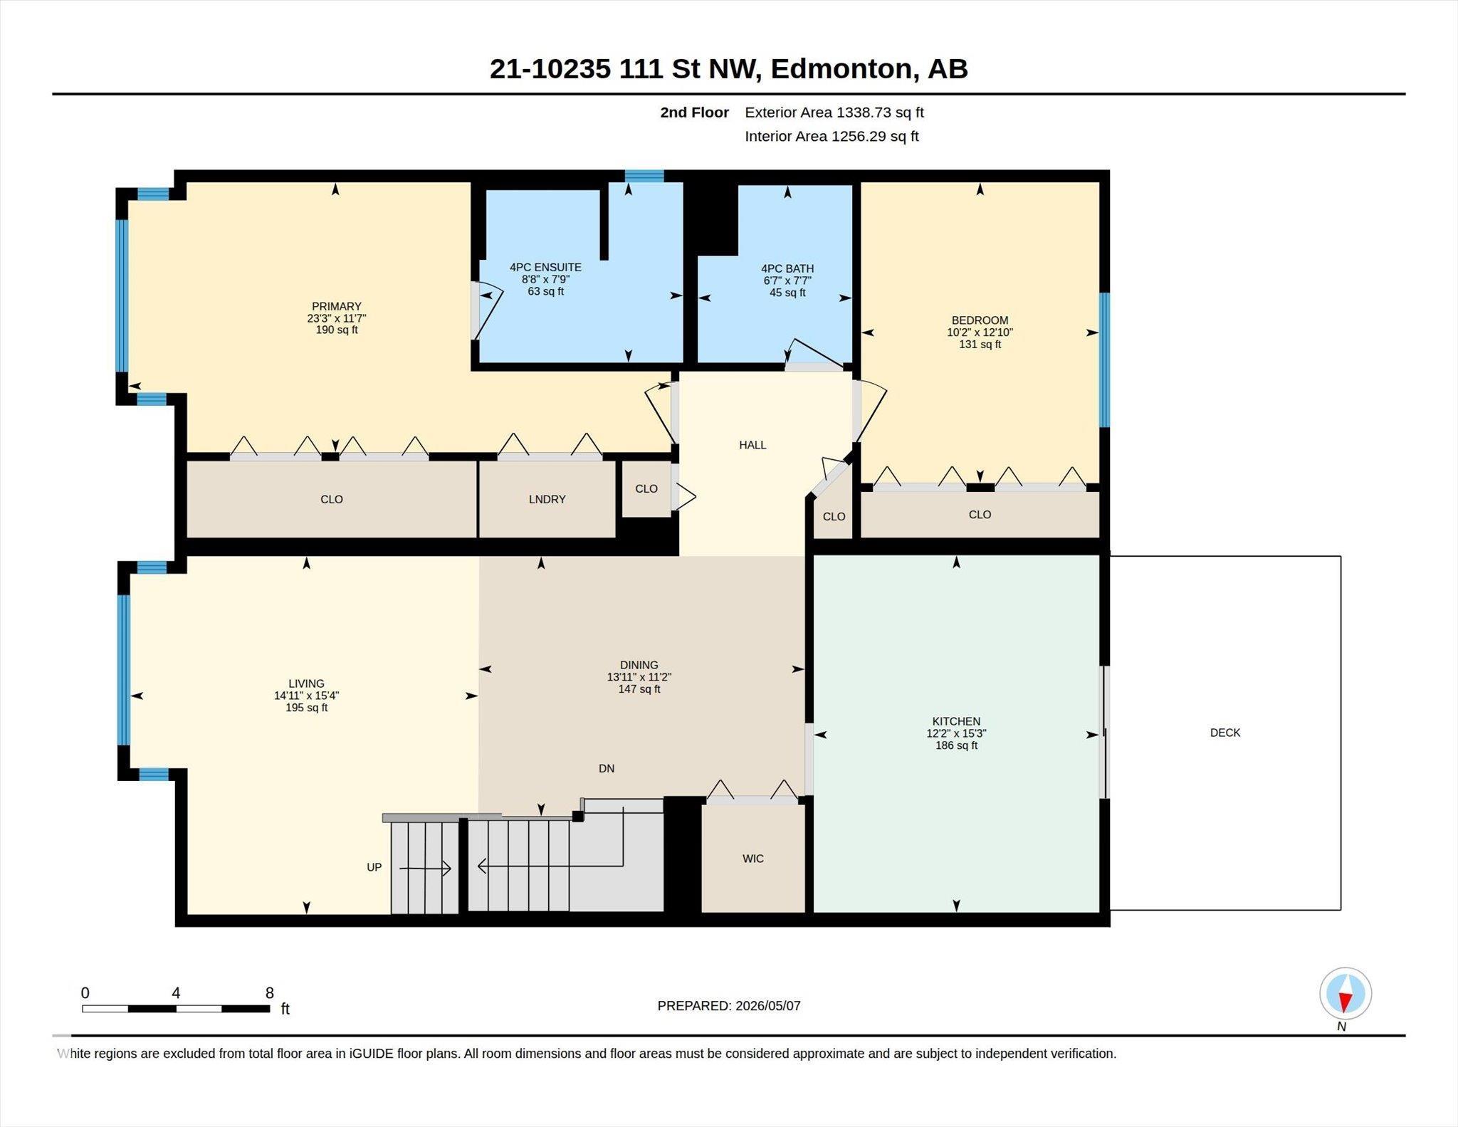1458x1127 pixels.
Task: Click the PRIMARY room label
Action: tap(337, 306)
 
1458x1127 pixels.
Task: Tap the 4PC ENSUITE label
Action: tap(545, 267)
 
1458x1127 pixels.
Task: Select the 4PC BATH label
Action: tap(787, 268)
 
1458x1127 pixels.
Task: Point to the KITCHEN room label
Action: tap(956, 721)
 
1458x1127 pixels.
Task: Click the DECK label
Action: tap(1225, 733)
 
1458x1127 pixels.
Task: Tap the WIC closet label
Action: tap(753, 859)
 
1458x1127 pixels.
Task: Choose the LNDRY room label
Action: tap(547, 499)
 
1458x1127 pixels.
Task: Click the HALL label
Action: tap(752, 445)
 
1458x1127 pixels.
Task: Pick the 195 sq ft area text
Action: tap(307, 708)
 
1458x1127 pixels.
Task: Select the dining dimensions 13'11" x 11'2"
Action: tap(639, 677)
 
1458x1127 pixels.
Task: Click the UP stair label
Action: tap(374, 867)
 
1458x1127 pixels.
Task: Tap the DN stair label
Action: tap(607, 768)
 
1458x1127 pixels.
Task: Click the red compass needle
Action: tap(1345, 1002)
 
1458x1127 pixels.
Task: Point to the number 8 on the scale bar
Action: tap(269, 993)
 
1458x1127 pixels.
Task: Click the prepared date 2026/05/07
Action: tap(768, 1006)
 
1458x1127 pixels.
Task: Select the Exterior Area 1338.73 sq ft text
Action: tap(834, 112)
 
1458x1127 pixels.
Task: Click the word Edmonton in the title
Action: tap(841, 69)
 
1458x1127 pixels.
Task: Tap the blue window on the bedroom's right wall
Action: tap(1104, 360)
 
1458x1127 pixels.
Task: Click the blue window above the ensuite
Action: tap(644, 176)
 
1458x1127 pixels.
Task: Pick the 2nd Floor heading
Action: tap(694, 112)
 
